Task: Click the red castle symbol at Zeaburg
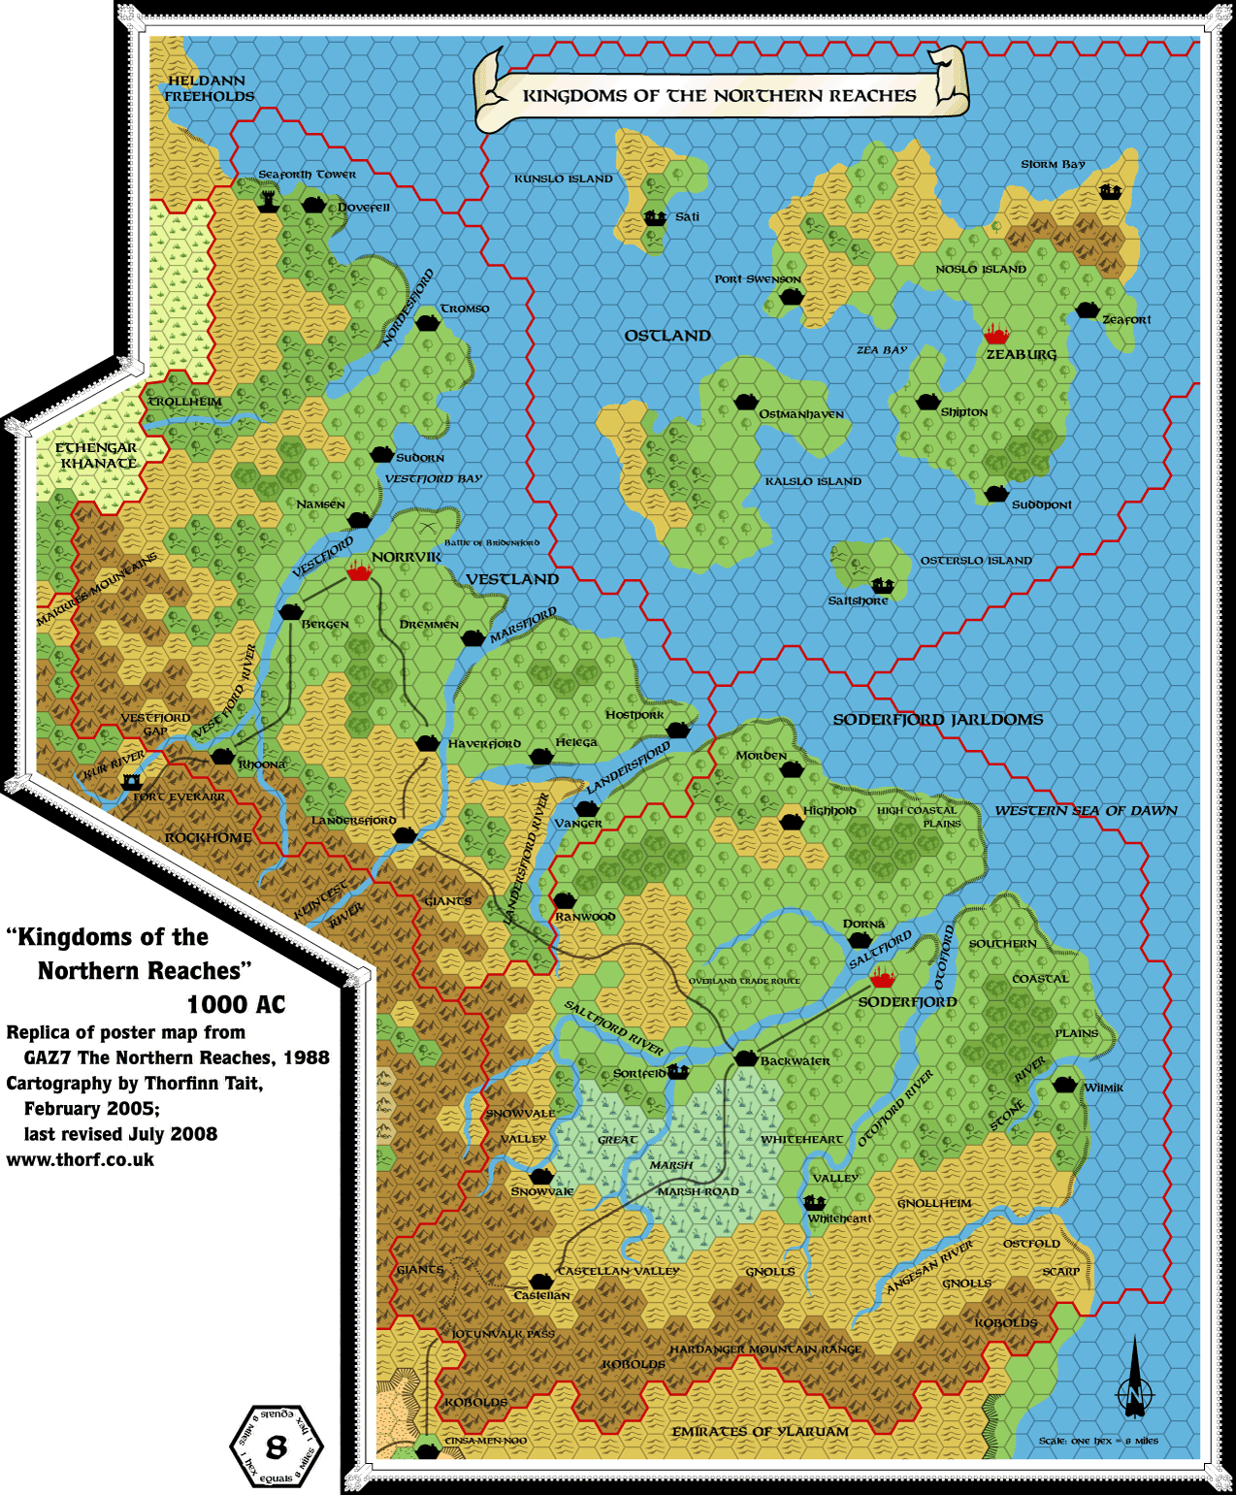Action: point(995,336)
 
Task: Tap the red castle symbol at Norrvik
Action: point(359,570)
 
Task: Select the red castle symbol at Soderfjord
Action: point(882,977)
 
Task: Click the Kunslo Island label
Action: point(564,179)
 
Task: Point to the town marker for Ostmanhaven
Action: point(745,402)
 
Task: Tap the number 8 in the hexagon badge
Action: point(276,1447)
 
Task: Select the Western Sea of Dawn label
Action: point(1086,810)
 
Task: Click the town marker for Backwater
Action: point(745,1058)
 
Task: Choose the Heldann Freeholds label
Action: point(208,88)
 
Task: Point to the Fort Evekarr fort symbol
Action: point(130,780)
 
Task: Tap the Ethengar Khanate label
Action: point(96,455)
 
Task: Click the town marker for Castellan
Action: point(540,1282)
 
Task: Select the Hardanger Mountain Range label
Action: point(764,1349)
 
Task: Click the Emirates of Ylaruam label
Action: point(760,1431)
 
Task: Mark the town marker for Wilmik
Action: point(1065,1085)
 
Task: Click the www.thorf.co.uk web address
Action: point(81,1159)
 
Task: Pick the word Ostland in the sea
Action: point(667,336)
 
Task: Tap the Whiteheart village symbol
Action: point(815,1203)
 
